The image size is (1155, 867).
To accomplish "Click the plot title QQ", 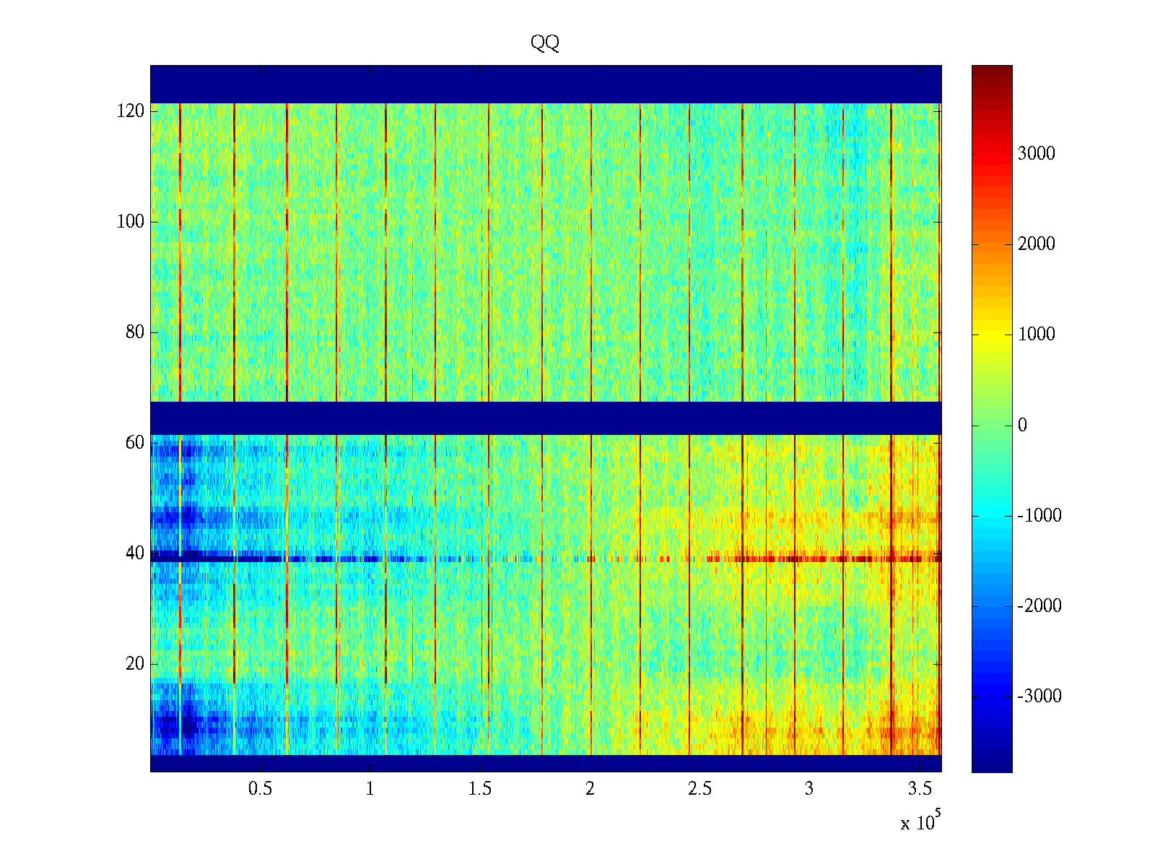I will (545, 43).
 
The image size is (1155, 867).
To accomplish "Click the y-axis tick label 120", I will (131, 111).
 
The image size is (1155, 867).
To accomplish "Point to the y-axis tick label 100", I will (131, 222).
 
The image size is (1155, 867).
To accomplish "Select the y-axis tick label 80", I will (135, 332).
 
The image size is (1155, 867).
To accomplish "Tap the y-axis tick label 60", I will (135, 443).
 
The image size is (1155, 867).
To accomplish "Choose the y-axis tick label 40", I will (135, 553).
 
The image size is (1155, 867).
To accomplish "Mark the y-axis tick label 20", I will (135, 664).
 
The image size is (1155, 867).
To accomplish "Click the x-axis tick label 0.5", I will (261, 789).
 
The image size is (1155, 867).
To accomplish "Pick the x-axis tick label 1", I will (370, 789).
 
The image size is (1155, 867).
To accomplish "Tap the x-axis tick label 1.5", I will (480, 789).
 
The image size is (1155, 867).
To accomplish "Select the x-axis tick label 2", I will (590, 789).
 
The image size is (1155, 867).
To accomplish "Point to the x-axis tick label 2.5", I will (699, 789).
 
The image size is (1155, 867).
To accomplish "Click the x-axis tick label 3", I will (809, 789).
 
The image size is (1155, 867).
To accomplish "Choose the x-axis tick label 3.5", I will (919, 789).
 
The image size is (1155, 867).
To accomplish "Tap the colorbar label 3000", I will (1037, 153).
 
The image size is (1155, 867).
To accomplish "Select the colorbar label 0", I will (1022, 425).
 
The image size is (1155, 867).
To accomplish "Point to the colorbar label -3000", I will (1039, 696).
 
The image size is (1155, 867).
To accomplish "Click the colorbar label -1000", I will (1039, 516).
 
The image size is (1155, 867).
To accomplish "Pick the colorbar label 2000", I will (1037, 244).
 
